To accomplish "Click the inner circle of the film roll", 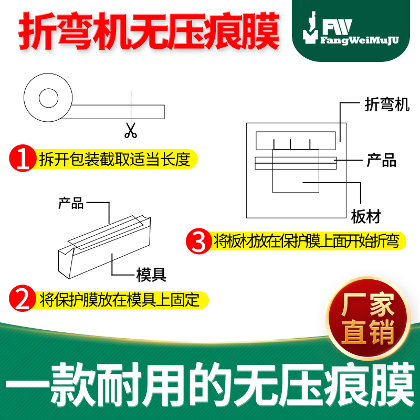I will pyautogui.click(x=48, y=98).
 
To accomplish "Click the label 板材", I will pyautogui.click(x=365, y=216).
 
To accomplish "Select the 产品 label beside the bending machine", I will pyautogui.click(x=381, y=161).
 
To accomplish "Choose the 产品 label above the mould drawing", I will pyautogui.click(x=71, y=203).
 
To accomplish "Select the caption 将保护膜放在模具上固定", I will pyautogui.click(x=119, y=300).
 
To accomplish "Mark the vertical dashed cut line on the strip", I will pyautogui.click(x=131, y=105).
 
